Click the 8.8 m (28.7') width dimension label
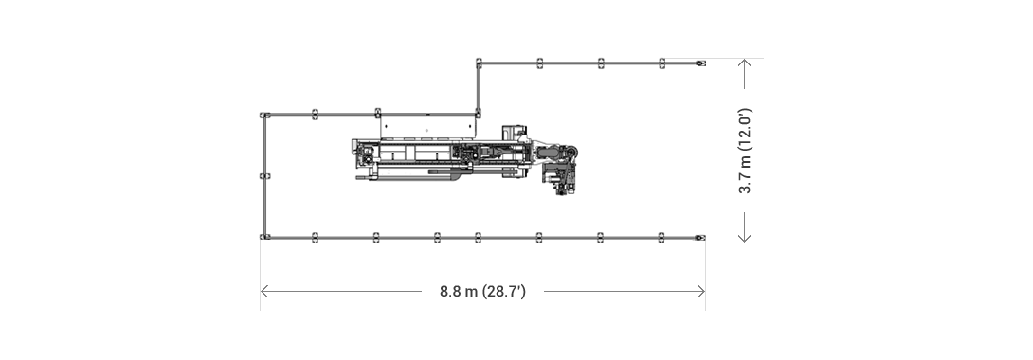click(482, 291)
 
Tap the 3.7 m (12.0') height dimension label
click(746, 151)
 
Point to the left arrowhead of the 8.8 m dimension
click(264, 291)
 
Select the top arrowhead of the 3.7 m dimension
click(746, 63)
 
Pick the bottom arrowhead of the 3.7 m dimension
click(746, 237)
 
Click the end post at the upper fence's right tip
click(699, 63)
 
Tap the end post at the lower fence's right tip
click(699, 237)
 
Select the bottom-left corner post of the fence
click(265, 237)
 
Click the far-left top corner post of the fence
click(265, 115)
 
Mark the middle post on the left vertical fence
click(265, 176)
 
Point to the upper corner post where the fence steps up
click(480, 63)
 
